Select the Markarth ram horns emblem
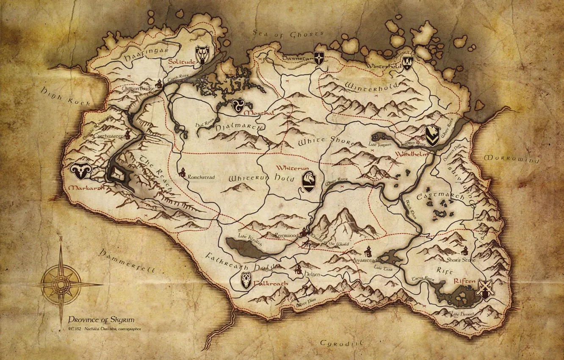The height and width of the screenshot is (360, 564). [x=80, y=171]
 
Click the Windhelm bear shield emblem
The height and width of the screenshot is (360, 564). [x=433, y=136]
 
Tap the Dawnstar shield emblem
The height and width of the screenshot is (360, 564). [x=319, y=58]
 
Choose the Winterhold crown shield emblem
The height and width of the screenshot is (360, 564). [x=407, y=63]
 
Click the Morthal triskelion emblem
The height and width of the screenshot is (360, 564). [x=237, y=105]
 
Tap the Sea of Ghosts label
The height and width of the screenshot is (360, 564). [x=288, y=33]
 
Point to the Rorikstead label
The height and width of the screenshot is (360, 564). [x=202, y=177]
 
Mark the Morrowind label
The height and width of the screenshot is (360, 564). [x=511, y=159]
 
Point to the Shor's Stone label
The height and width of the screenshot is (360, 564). [x=461, y=260]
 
